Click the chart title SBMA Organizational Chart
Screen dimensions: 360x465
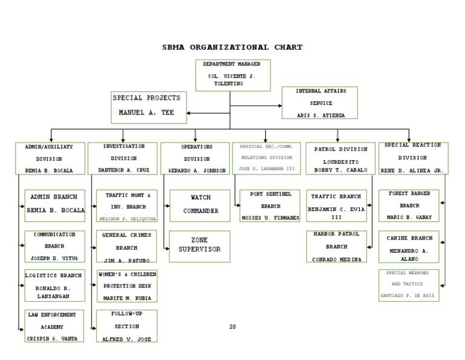click(232, 47)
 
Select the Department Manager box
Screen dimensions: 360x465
click(232, 75)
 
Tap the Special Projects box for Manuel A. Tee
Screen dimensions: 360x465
click(149, 107)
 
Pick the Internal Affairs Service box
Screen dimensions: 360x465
click(320, 102)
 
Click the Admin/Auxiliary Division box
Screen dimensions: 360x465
click(50, 159)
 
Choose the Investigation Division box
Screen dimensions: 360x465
click(123, 159)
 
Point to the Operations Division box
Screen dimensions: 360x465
click(196, 159)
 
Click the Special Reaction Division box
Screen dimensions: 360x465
click(412, 158)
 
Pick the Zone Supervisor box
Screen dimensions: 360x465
click(199, 245)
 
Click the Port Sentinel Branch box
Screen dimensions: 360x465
click(269, 205)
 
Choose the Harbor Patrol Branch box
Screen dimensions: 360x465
click(337, 246)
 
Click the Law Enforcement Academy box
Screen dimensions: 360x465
click(54, 325)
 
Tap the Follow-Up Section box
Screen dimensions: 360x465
click(127, 326)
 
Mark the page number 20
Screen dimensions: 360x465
click(232, 327)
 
